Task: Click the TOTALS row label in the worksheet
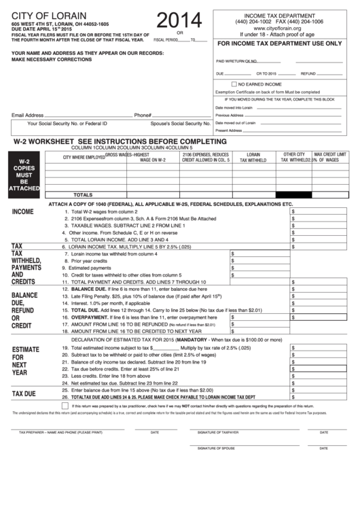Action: coord(82,194)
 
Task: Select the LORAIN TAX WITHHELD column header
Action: coord(257,158)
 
